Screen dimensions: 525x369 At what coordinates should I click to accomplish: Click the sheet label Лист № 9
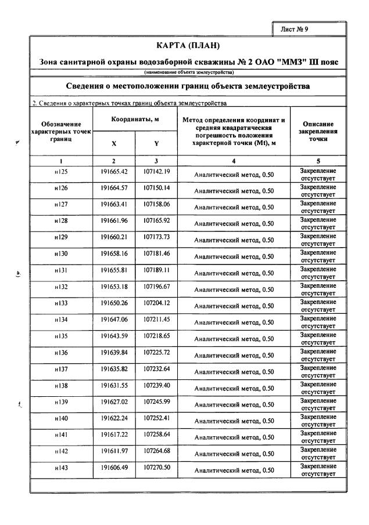click(x=309, y=28)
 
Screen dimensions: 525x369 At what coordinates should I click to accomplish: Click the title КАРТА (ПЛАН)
click(x=189, y=45)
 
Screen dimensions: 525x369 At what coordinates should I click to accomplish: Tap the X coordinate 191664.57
click(x=114, y=188)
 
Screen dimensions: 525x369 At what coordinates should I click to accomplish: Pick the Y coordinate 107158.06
click(x=156, y=204)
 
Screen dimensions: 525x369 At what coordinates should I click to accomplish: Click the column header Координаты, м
click(x=135, y=119)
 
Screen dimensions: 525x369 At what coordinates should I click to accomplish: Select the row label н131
click(x=61, y=270)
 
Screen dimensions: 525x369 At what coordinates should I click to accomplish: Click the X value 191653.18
click(x=114, y=287)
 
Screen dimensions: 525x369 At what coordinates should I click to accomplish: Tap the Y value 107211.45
click(x=156, y=319)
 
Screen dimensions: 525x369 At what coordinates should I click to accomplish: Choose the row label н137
click(x=61, y=369)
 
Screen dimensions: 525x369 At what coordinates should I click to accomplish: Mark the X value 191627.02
click(x=114, y=401)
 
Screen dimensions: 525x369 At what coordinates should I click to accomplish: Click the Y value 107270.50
click(x=156, y=467)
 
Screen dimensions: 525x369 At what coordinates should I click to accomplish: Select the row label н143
click(x=61, y=468)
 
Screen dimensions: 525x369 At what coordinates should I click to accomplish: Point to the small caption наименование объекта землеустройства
click(x=189, y=73)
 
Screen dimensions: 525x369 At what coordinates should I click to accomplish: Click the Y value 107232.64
click(x=156, y=368)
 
